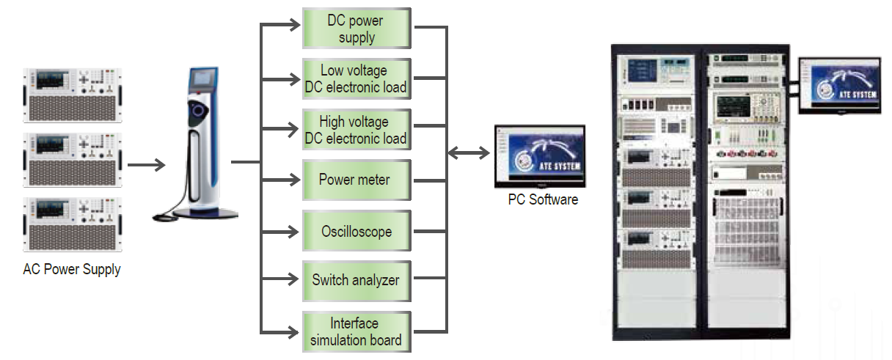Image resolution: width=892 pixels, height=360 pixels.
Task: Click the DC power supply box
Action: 357,29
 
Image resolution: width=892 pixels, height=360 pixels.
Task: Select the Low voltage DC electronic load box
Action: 357,79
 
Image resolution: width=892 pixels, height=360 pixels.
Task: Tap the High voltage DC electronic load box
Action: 357,130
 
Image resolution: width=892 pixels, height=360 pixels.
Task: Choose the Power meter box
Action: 357,180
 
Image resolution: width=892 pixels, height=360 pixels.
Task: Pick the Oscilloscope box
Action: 357,231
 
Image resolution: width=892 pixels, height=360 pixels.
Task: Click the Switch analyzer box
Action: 357,279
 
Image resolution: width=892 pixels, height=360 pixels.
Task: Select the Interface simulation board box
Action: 357,331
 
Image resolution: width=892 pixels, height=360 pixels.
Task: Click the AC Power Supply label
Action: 72,269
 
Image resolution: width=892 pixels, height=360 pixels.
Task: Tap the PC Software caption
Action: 543,199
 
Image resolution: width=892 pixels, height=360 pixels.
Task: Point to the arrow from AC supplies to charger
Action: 146,164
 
